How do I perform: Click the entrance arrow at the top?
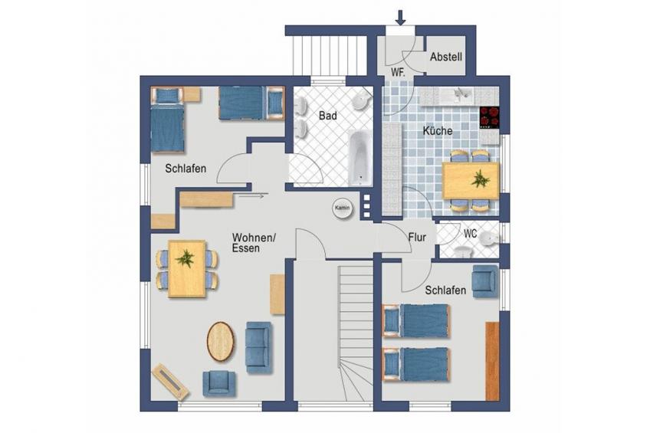click(400, 18)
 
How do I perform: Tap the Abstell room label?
click(446, 57)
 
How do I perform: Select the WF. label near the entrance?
click(398, 72)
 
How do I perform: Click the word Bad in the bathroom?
click(328, 116)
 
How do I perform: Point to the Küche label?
click(438, 131)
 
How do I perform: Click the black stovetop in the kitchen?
click(489, 116)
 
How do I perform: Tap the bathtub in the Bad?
click(360, 158)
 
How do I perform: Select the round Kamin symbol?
click(343, 208)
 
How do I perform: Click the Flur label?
click(417, 238)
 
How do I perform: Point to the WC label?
click(470, 234)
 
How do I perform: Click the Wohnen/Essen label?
click(254, 243)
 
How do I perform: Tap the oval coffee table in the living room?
click(220, 342)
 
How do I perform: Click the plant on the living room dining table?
click(185, 258)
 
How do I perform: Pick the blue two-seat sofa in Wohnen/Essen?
click(258, 348)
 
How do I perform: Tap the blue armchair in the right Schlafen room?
click(485, 281)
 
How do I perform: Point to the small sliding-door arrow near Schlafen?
click(251, 196)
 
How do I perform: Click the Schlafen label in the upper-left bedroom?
click(185, 169)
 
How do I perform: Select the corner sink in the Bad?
click(362, 100)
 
